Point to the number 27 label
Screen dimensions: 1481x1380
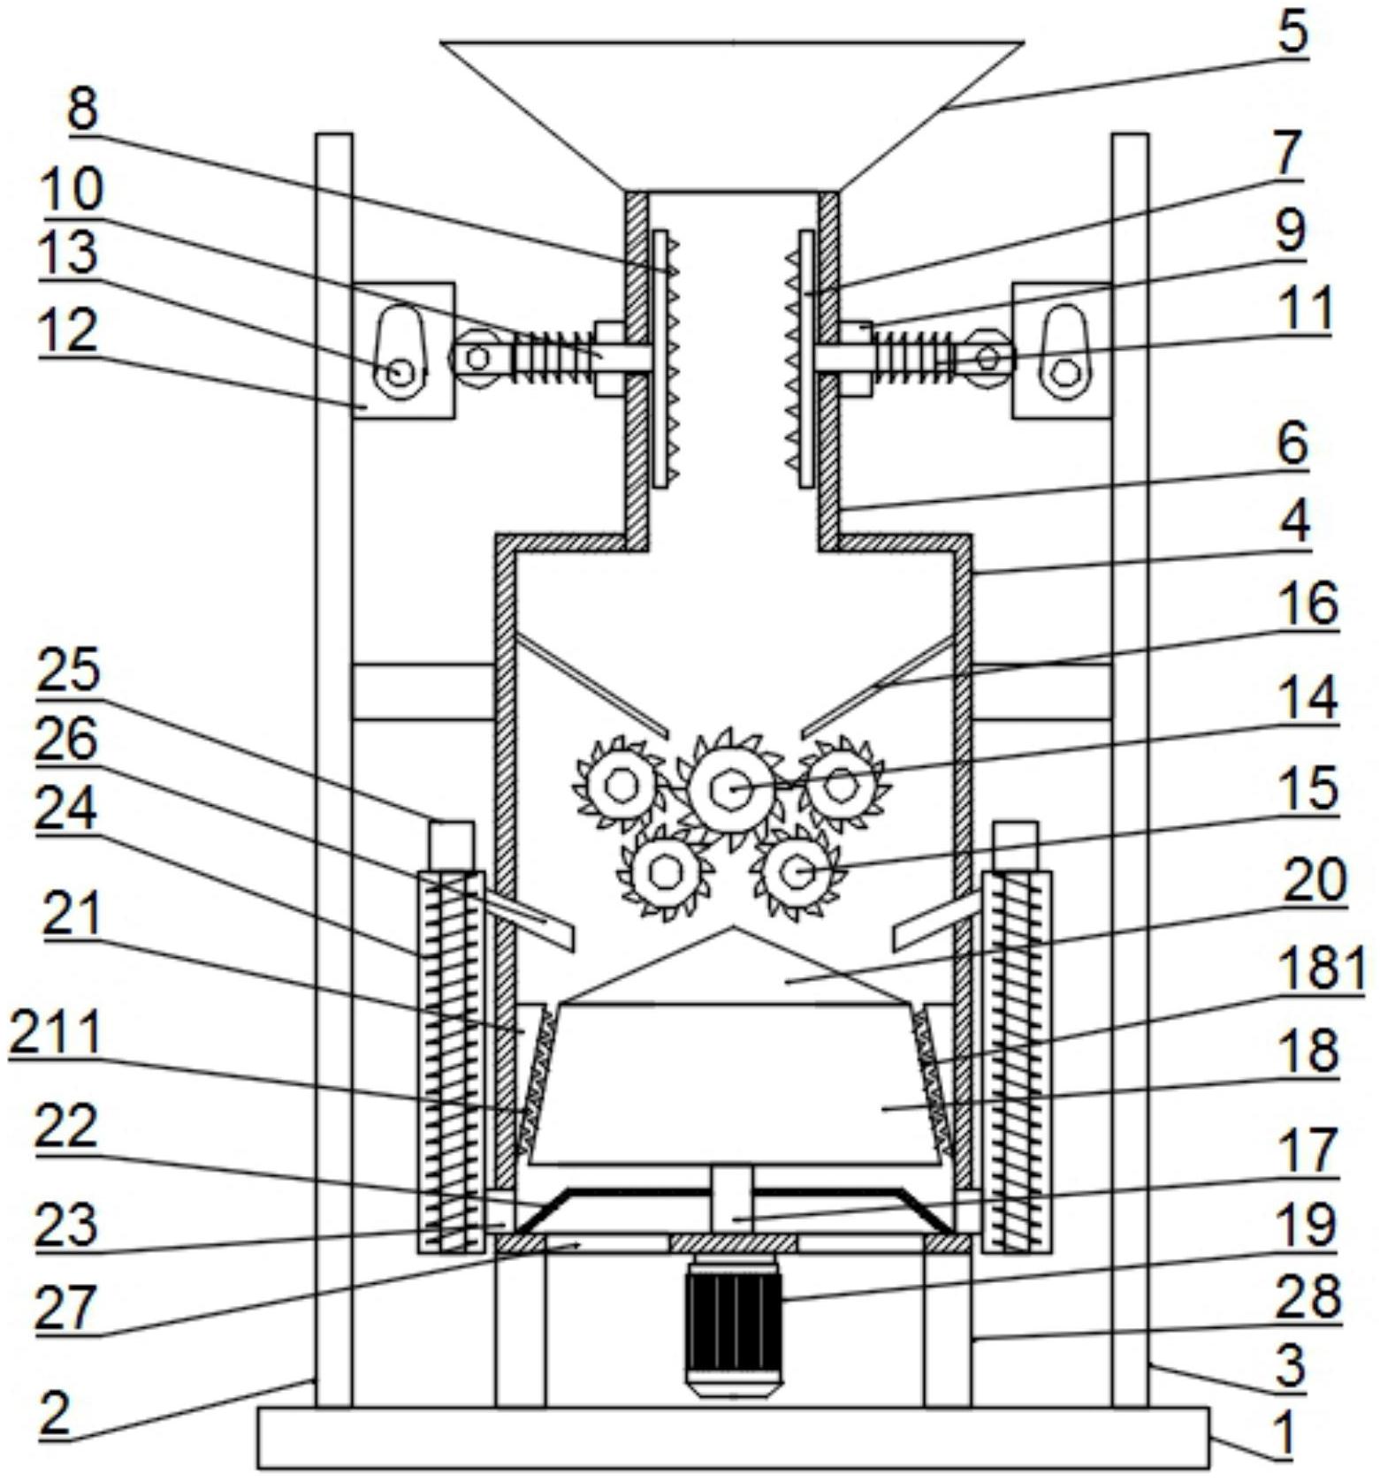pos(64,1308)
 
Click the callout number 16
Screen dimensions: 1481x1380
pos(1312,606)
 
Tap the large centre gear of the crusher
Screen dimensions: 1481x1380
pos(732,787)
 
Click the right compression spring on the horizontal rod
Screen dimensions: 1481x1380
pos(914,357)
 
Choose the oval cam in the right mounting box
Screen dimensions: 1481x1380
pos(1063,352)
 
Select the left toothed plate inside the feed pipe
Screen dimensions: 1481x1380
pos(662,358)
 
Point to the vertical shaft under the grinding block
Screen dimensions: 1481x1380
pos(731,1197)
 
